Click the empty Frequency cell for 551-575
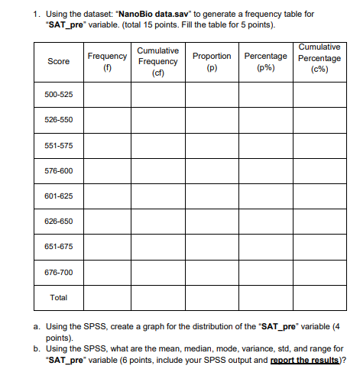pyautogui.click(x=107, y=145)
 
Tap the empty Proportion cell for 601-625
pyautogui.click(x=212, y=196)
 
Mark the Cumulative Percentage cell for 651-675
pyautogui.click(x=320, y=247)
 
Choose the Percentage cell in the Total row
pyautogui.click(x=265, y=297)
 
